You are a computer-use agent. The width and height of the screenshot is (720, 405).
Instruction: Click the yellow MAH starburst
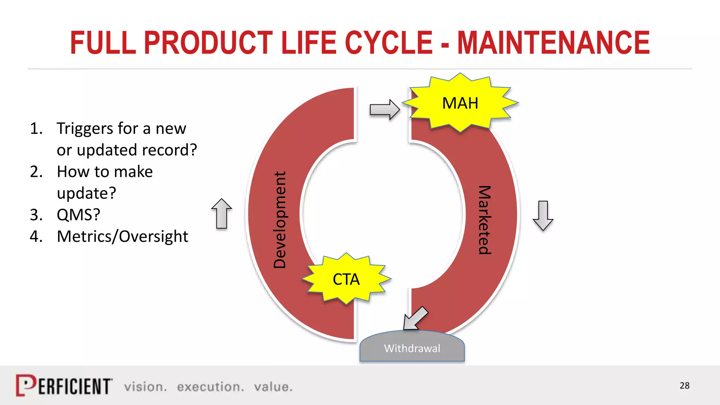460,103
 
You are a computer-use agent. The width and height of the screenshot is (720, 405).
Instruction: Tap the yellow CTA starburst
346,279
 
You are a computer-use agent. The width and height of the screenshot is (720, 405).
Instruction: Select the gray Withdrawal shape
412,348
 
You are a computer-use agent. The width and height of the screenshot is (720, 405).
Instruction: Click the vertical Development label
280,220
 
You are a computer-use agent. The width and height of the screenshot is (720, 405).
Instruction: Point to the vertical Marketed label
484,220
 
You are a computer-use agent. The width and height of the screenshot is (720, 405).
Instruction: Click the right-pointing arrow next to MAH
385,110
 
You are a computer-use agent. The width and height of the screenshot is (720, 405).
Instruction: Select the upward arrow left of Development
221,214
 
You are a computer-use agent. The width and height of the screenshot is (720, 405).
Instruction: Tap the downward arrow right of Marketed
543,216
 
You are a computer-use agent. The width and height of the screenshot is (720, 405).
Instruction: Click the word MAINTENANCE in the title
553,43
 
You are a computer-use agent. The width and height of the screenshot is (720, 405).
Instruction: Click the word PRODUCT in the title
208,43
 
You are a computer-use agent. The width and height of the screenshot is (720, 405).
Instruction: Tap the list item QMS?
78,214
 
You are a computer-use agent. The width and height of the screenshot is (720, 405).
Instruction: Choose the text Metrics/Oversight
122,236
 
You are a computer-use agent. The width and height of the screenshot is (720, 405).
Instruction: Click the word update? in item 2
86,193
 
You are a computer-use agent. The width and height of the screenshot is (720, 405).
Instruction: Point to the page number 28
684,386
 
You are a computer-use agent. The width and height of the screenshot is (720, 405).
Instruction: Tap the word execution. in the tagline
210,387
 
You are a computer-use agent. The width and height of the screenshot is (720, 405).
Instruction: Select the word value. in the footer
273,387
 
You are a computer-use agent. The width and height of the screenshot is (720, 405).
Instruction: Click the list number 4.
36,236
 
